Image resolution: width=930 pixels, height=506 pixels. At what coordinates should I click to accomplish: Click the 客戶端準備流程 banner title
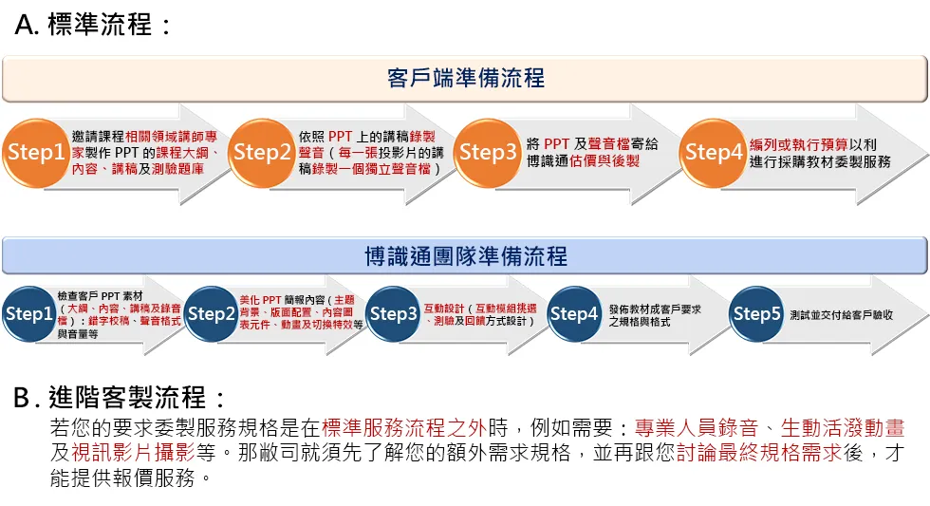[466, 78]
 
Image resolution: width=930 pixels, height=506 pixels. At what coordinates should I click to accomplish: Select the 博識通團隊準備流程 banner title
[466, 255]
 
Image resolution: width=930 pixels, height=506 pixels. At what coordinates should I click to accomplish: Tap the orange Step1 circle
[36, 152]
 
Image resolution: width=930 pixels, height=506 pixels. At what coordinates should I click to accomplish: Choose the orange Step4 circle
[714, 152]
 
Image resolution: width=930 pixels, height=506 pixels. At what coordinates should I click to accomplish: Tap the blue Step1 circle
[29, 314]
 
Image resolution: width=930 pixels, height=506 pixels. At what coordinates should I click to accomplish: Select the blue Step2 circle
[212, 314]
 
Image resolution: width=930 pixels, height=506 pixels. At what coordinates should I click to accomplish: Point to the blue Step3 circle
[394, 314]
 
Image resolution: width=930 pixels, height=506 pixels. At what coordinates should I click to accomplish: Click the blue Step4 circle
[575, 314]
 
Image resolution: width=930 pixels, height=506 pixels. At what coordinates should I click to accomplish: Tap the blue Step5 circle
[757, 314]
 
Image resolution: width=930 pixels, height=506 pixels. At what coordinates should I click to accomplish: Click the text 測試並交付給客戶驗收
[841, 314]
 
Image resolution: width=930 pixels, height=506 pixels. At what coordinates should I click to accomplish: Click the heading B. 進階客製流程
[121, 397]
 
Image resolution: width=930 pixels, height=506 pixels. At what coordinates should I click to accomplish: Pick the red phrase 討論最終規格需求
[759, 453]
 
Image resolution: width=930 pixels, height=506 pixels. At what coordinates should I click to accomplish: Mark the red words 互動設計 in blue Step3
[442, 308]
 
